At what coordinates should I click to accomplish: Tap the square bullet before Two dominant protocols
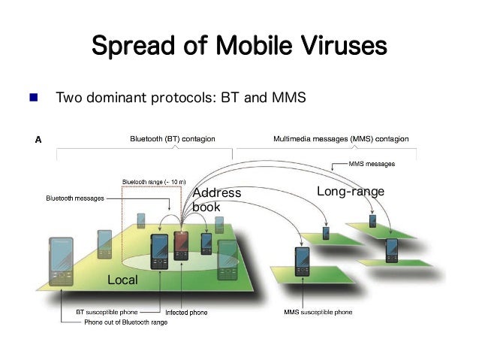pos(34,98)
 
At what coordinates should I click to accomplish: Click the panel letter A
pos(39,140)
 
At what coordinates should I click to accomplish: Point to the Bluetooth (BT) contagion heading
pos(172,139)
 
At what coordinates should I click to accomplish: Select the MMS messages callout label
pos(372,163)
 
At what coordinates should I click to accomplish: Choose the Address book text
pos(216,200)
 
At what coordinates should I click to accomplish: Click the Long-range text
pos(350,192)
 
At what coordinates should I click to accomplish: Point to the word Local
pos(123,280)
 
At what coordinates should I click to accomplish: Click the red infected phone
pos(181,250)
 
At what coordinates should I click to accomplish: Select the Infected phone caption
pos(185,311)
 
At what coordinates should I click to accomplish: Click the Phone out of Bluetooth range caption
pos(125,322)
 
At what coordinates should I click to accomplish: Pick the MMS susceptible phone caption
pos(318,311)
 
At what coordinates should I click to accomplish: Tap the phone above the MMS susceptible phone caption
pos(301,258)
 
